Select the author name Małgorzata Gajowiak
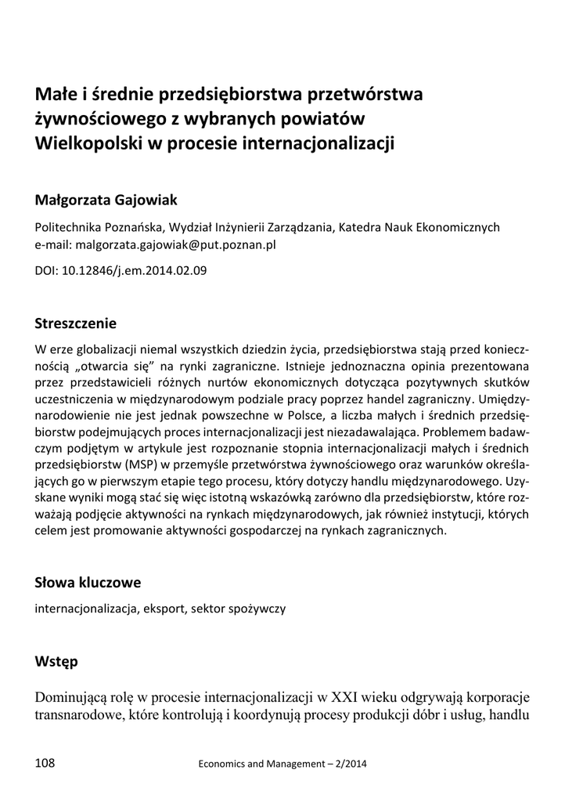[106, 200]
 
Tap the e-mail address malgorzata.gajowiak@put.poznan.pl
[175, 244]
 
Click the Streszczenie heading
[76, 323]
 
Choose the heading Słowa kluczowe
[88, 582]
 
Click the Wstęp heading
[56, 661]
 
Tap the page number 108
[45, 762]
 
